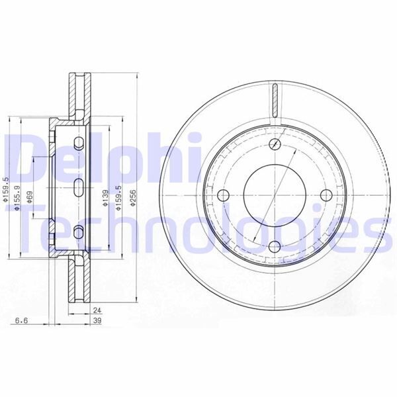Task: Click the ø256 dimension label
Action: (x=134, y=198)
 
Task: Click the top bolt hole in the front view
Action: (x=273, y=145)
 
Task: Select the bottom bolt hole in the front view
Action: (x=273, y=245)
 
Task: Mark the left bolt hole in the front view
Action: (x=223, y=195)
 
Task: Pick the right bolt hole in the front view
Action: (x=324, y=195)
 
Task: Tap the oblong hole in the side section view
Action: (x=78, y=187)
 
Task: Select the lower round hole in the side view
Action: (x=79, y=231)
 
